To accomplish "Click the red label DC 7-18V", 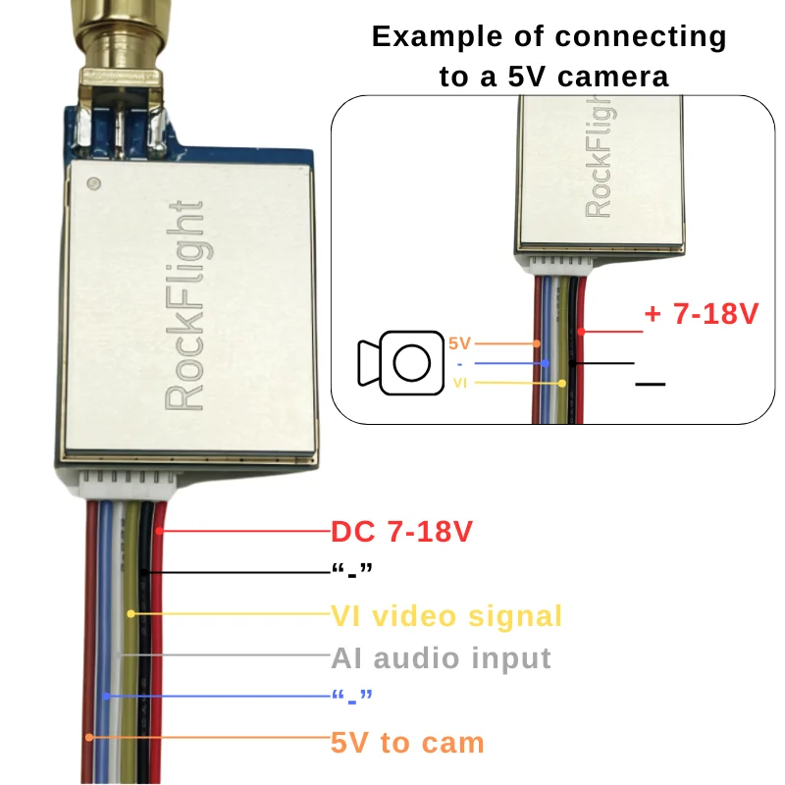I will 402,532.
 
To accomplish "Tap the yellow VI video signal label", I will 446,616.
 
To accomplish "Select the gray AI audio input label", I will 441,657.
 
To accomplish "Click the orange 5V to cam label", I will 407,742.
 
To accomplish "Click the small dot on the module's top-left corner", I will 93,183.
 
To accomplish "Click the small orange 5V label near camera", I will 459,343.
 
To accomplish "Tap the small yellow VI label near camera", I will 460,383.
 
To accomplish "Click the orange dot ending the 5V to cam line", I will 89,737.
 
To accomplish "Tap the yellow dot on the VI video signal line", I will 131,614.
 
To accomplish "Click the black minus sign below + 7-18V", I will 650,384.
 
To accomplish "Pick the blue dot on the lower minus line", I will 106,696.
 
